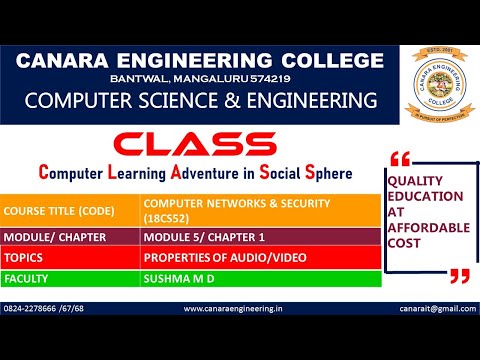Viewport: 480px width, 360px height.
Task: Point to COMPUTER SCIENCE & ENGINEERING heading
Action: point(201,101)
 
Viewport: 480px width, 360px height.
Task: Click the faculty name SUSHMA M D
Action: point(178,279)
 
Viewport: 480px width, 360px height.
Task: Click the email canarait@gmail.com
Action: point(441,308)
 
